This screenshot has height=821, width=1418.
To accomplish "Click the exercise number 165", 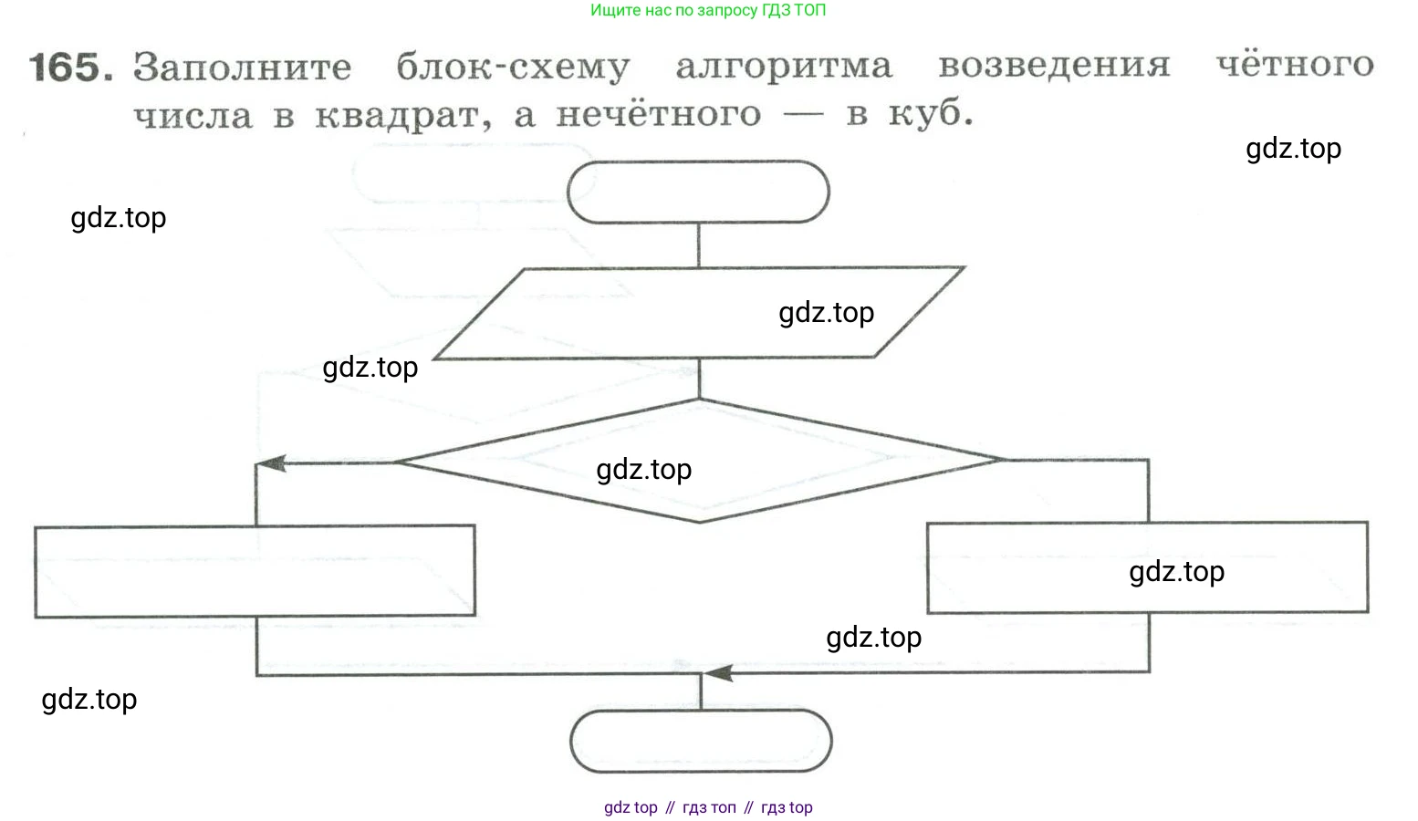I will pyautogui.click(x=71, y=68).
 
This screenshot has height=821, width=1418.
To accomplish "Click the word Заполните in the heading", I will pyautogui.click(x=242, y=68).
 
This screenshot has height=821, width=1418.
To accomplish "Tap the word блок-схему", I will pyautogui.click(x=513, y=68).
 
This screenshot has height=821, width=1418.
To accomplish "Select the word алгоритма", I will pyautogui.click(x=784, y=67).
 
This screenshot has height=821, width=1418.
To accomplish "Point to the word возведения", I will pyautogui.click(x=1054, y=66).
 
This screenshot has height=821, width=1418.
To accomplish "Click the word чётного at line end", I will pyautogui.click(x=1295, y=65).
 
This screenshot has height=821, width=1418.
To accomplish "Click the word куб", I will pyautogui.click(x=931, y=114).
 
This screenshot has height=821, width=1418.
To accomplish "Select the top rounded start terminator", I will pyautogui.click(x=698, y=192).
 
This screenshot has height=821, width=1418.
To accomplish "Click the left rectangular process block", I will pyautogui.click(x=255, y=571).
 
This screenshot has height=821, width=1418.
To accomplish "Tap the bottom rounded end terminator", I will pyautogui.click(x=701, y=742).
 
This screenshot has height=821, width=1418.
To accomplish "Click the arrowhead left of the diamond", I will pyautogui.click(x=271, y=463).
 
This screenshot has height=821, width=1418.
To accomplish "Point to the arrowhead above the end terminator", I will pyautogui.click(x=718, y=674).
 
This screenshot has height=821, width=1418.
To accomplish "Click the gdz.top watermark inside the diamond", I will pyautogui.click(x=643, y=470).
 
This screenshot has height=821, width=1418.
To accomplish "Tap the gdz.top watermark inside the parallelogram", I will pyautogui.click(x=826, y=313).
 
